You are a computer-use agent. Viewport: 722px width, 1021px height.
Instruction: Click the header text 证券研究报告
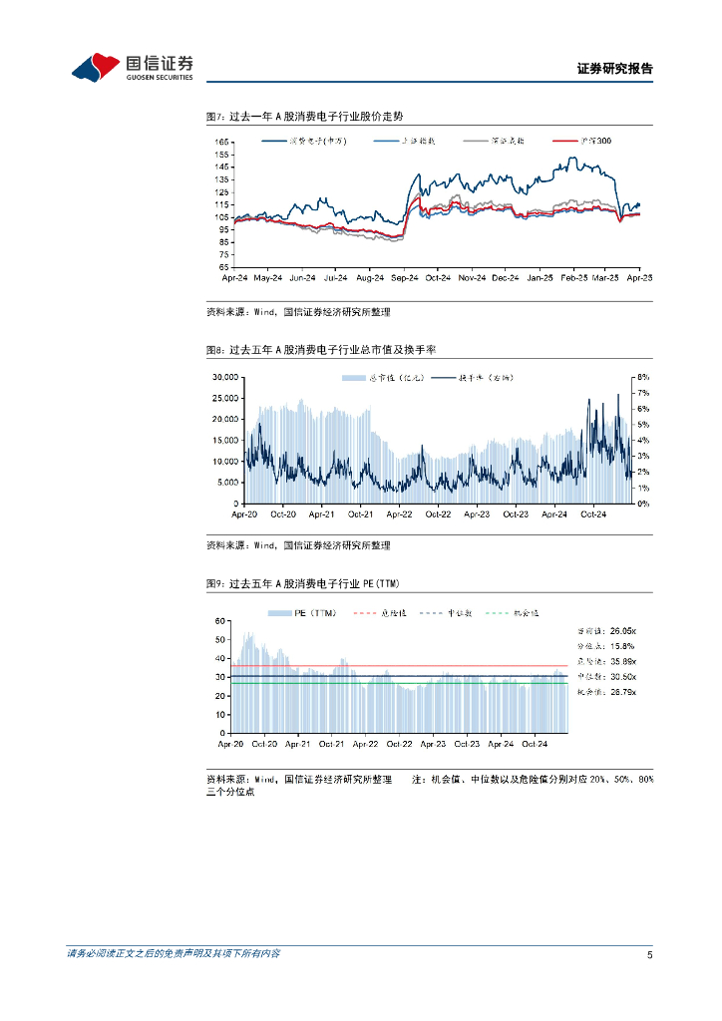(614, 70)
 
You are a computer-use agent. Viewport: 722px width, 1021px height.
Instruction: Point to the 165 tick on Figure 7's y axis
(222, 143)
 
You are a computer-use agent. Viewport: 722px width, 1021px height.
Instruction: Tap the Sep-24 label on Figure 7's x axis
(405, 278)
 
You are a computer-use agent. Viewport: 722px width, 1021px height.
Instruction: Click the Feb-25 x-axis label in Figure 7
(573, 278)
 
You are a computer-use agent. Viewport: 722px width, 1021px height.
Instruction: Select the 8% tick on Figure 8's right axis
(643, 378)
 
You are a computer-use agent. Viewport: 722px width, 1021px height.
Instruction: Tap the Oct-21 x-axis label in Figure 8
(361, 514)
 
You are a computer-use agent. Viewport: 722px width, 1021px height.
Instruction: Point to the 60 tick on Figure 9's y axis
(222, 621)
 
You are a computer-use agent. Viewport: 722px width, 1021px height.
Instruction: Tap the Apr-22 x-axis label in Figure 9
(365, 744)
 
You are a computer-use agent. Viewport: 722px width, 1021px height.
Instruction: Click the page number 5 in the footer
(649, 955)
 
